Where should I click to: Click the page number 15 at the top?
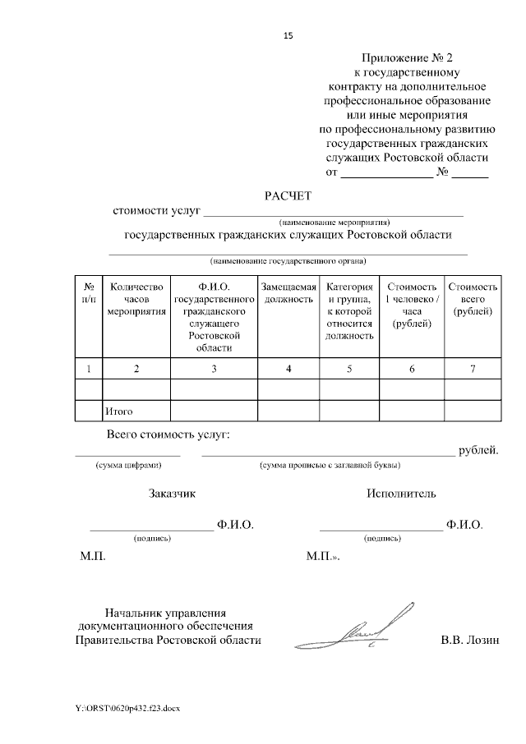[288, 36]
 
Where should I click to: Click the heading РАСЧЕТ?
[288, 195]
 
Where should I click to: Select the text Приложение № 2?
[408, 57]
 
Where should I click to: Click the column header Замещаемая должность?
[288, 293]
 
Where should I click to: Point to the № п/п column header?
[88, 293]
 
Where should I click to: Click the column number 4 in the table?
[288, 368]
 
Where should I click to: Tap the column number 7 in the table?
[473, 368]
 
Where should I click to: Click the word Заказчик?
[172, 494]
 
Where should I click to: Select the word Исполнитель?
[402, 494]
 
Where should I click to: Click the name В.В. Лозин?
[469, 640]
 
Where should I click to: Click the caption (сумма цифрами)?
[127, 466]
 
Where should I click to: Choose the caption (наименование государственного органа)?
[288, 262]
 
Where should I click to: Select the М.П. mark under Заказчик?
[93, 556]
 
